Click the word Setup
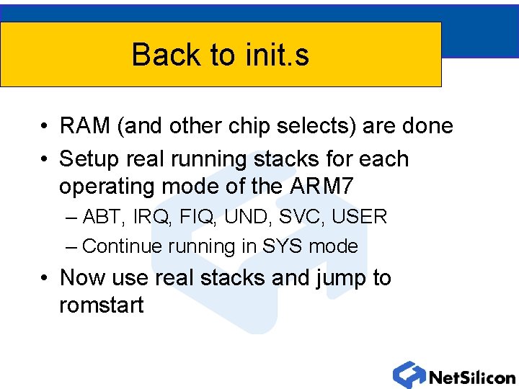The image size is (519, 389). click(x=89, y=158)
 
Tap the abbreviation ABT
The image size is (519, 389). click(x=105, y=217)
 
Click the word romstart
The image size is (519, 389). click(x=102, y=305)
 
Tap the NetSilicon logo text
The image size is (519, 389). click(x=471, y=377)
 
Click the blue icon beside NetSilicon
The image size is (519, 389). click(x=409, y=375)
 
